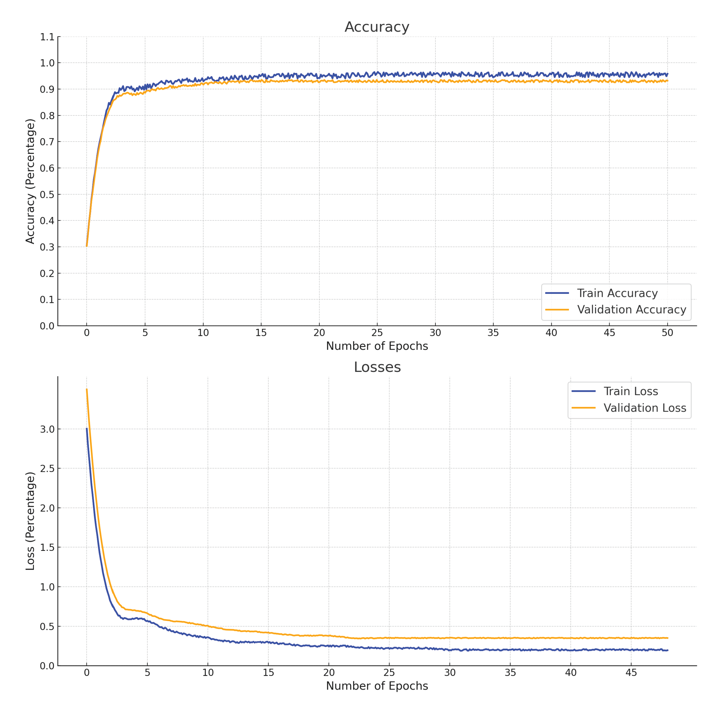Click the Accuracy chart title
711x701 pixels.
376,27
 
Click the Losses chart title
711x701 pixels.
377,367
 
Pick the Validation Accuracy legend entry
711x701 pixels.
631,310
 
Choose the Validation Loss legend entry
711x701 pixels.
645,408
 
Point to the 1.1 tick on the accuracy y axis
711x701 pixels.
47,37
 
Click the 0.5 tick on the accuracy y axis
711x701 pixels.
47,194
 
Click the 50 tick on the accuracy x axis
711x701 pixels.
667,333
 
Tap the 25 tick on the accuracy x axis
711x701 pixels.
377,333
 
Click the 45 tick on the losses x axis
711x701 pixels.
631,673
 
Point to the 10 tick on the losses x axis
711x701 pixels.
208,673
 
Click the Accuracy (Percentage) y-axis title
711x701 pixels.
30,181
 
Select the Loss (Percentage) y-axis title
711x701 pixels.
30,521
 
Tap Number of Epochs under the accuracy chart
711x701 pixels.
377,346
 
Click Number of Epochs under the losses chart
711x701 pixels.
377,686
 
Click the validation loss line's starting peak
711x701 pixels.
87,389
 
